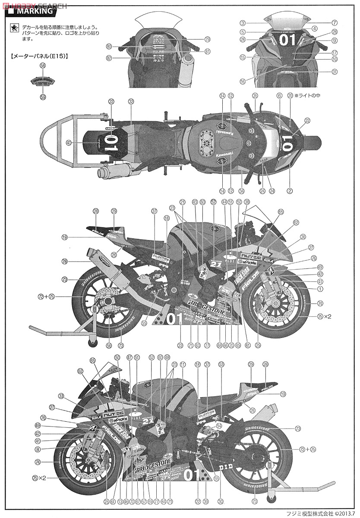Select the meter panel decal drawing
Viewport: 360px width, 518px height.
tap(42, 81)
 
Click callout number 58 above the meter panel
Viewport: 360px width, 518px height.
tap(42, 66)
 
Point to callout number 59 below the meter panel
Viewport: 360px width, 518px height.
tap(42, 97)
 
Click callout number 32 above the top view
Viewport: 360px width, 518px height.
tap(131, 101)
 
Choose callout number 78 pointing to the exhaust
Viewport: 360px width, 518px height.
tap(64, 262)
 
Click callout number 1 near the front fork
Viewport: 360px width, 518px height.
tap(320, 288)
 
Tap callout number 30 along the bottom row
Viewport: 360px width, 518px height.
tap(220, 501)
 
